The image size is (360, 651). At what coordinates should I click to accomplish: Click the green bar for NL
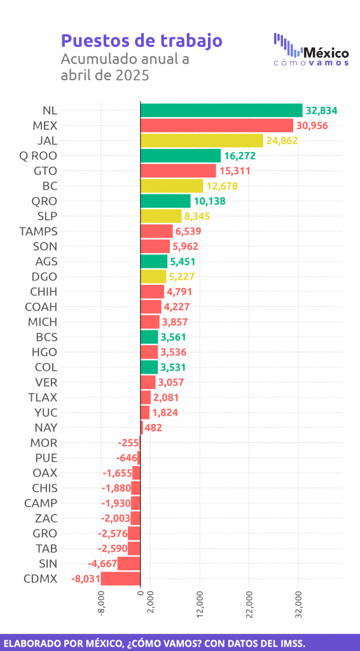pos(222,111)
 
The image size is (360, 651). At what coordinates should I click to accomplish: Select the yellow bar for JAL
pos(202,140)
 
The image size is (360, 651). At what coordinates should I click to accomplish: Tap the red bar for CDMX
pos(121,579)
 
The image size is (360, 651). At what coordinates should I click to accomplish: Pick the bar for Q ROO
pos(181,156)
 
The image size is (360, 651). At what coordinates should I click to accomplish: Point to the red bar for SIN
pos(129,564)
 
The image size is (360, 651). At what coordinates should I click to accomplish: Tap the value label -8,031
pos(85,579)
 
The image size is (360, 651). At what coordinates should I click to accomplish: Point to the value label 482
pos(153,428)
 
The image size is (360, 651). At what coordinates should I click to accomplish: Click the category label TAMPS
pos(38,231)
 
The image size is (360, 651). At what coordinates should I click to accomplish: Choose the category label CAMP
pos(41,504)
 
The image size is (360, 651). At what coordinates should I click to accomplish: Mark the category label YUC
pos(46,413)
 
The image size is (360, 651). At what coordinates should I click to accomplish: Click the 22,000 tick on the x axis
pos(249,605)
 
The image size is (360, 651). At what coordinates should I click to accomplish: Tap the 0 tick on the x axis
pos(141,594)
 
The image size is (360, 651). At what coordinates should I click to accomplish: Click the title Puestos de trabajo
pos(142,41)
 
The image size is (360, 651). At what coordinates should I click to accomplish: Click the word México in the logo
pos(326,53)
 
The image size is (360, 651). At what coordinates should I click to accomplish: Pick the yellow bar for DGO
pos(153,277)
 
